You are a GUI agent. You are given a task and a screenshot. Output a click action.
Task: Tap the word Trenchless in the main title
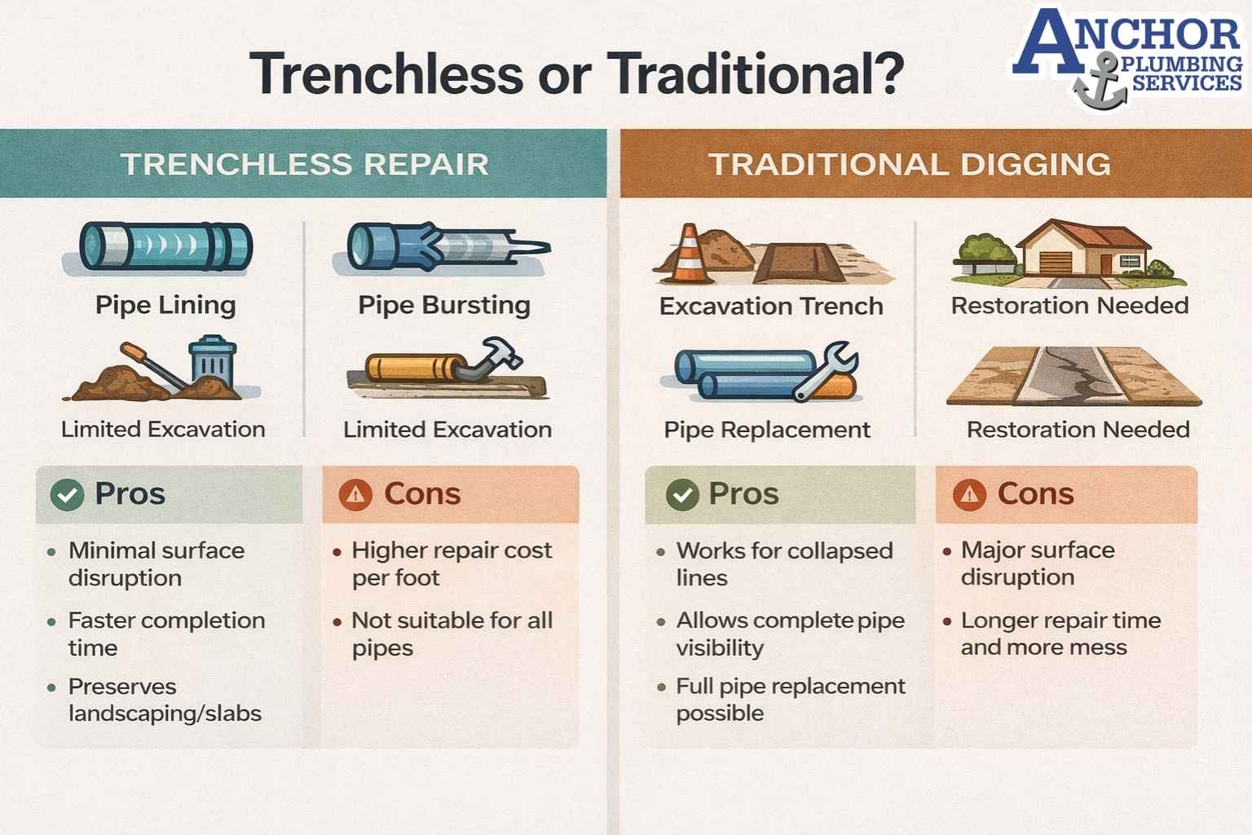pyautogui.click(x=387, y=74)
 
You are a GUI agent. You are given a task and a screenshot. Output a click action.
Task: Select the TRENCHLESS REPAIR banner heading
pyautogui.click(x=304, y=164)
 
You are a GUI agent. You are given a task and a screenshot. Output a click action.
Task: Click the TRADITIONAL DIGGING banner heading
pyautogui.click(x=909, y=164)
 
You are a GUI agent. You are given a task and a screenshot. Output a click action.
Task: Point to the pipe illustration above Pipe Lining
pyautogui.click(x=165, y=246)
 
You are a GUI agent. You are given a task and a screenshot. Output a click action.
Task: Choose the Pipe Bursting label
pyautogui.click(x=444, y=305)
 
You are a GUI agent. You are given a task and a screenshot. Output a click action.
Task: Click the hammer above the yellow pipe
pyautogui.click(x=496, y=357)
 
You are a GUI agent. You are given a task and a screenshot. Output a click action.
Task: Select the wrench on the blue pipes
pyautogui.click(x=827, y=371)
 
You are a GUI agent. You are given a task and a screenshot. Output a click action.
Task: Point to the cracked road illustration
pyautogui.click(x=1073, y=377)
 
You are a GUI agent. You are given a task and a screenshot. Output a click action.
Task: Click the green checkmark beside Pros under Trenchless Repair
pyautogui.click(x=67, y=495)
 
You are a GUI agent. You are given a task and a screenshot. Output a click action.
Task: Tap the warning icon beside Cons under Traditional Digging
pyautogui.click(x=969, y=494)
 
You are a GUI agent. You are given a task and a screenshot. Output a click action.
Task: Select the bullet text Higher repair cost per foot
pyautogui.click(x=451, y=563)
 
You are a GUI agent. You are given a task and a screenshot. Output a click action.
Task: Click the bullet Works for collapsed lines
pyautogui.click(x=783, y=563)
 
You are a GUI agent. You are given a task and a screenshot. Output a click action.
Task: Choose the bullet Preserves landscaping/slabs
pyautogui.click(x=164, y=700)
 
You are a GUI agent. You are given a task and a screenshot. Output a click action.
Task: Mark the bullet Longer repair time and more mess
pyautogui.click(x=1060, y=634)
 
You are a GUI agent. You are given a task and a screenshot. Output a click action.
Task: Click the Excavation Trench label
pyautogui.click(x=771, y=307)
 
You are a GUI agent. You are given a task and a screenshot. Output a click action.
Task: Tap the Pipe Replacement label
pyautogui.click(x=767, y=430)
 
